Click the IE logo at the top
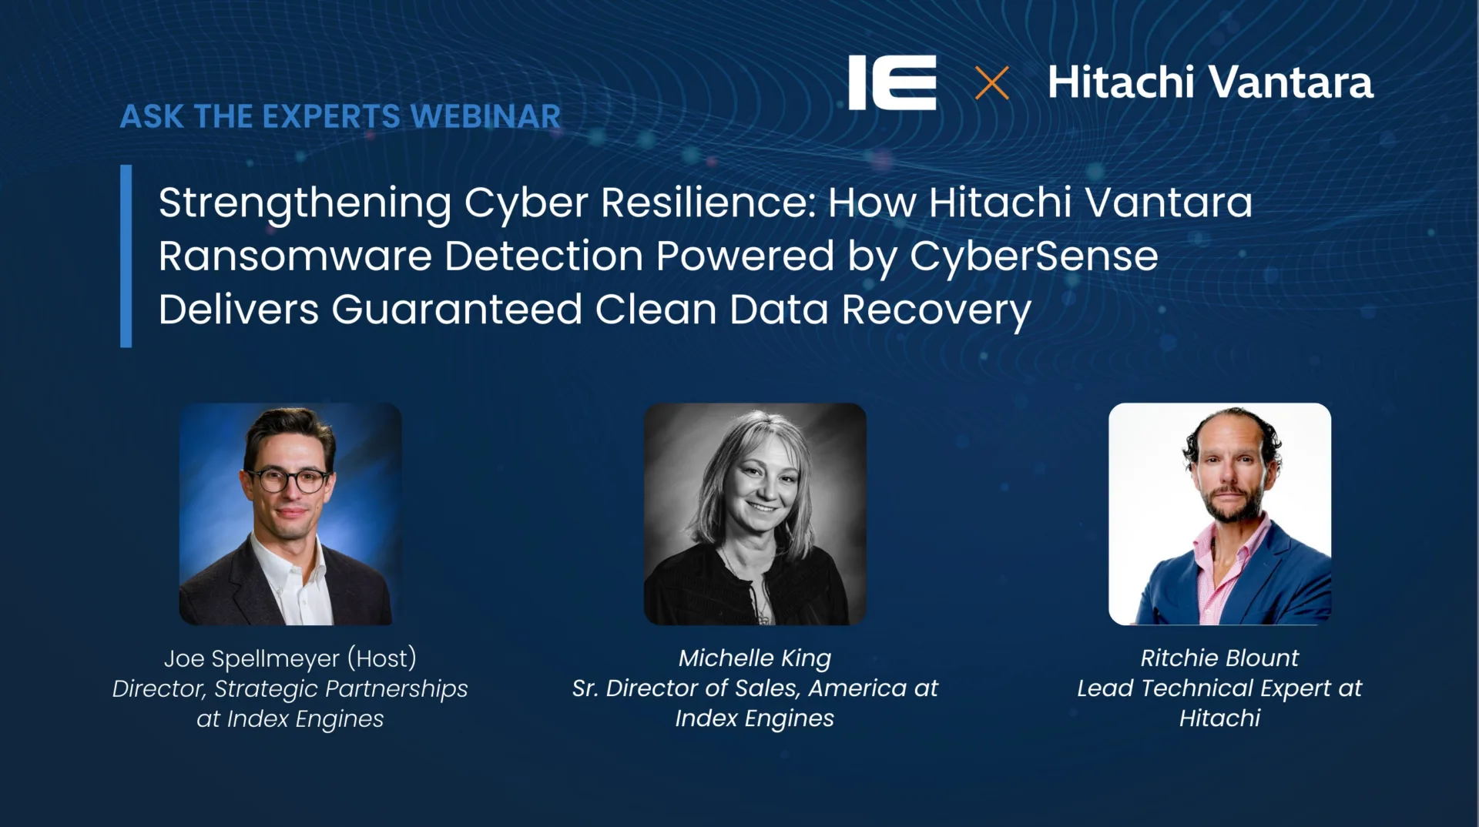click(x=892, y=82)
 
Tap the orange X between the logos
click(x=991, y=83)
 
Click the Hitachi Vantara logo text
click(x=1210, y=82)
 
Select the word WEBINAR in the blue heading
click(x=485, y=116)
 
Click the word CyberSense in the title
click(x=1034, y=256)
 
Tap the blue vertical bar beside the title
click(x=126, y=256)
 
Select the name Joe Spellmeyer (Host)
click(x=290, y=658)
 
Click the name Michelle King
click(x=755, y=658)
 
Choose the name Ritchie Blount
click(x=1219, y=658)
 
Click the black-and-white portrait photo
click(x=755, y=514)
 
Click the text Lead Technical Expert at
click(x=1219, y=688)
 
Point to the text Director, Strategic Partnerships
click(x=290, y=688)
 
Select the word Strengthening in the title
click(x=305, y=203)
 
